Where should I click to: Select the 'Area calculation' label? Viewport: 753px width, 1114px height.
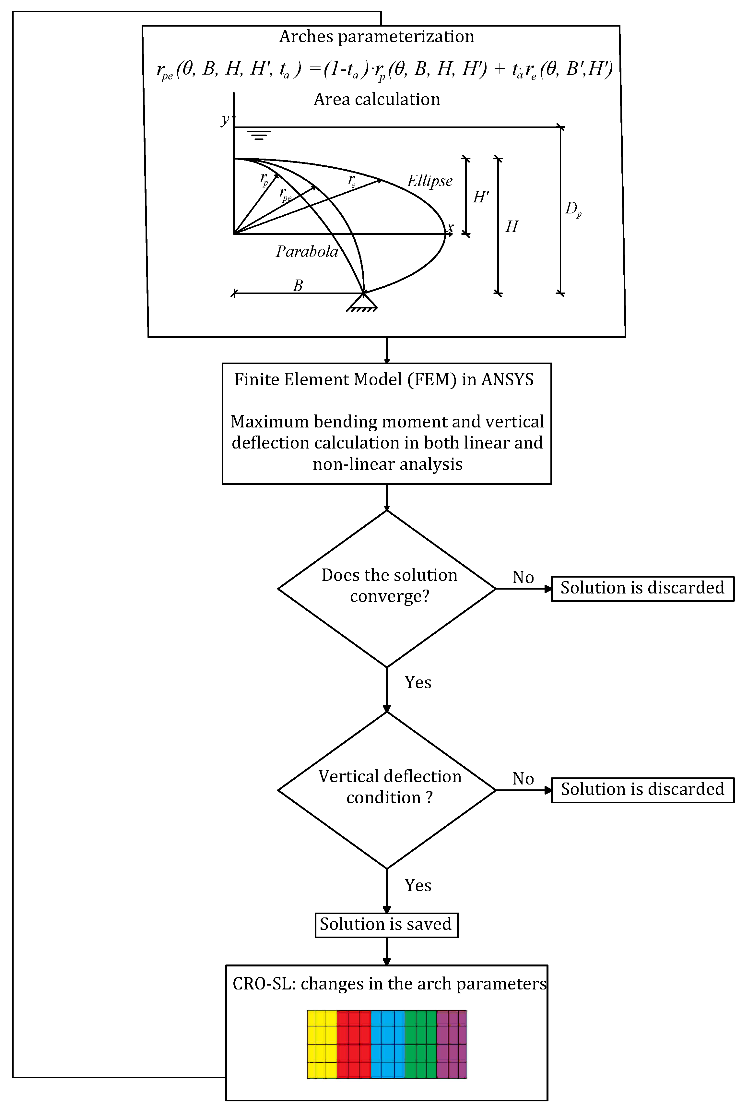(x=377, y=100)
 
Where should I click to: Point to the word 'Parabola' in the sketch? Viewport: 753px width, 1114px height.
(x=307, y=252)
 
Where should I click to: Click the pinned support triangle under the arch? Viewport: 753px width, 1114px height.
(x=362, y=303)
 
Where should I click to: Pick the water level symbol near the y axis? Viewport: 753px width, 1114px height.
(x=259, y=135)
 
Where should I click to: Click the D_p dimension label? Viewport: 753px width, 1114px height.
(x=573, y=209)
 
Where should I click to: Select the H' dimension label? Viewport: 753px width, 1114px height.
(x=480, y=197)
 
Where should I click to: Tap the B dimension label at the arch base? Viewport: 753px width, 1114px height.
(x=298, y=286)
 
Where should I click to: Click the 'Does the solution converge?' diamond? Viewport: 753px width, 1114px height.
(x=387, y=588)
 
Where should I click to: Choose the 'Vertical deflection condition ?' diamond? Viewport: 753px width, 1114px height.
(x=387, y=790)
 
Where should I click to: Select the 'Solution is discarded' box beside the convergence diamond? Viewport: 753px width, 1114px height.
(x=642, y=588)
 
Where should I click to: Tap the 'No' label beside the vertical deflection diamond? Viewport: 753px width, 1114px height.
(x=523, y=778)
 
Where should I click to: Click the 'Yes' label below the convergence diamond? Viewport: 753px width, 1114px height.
(x=418, y=682)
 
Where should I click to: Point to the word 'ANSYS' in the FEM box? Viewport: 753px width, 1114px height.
(x=507, y=380)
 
